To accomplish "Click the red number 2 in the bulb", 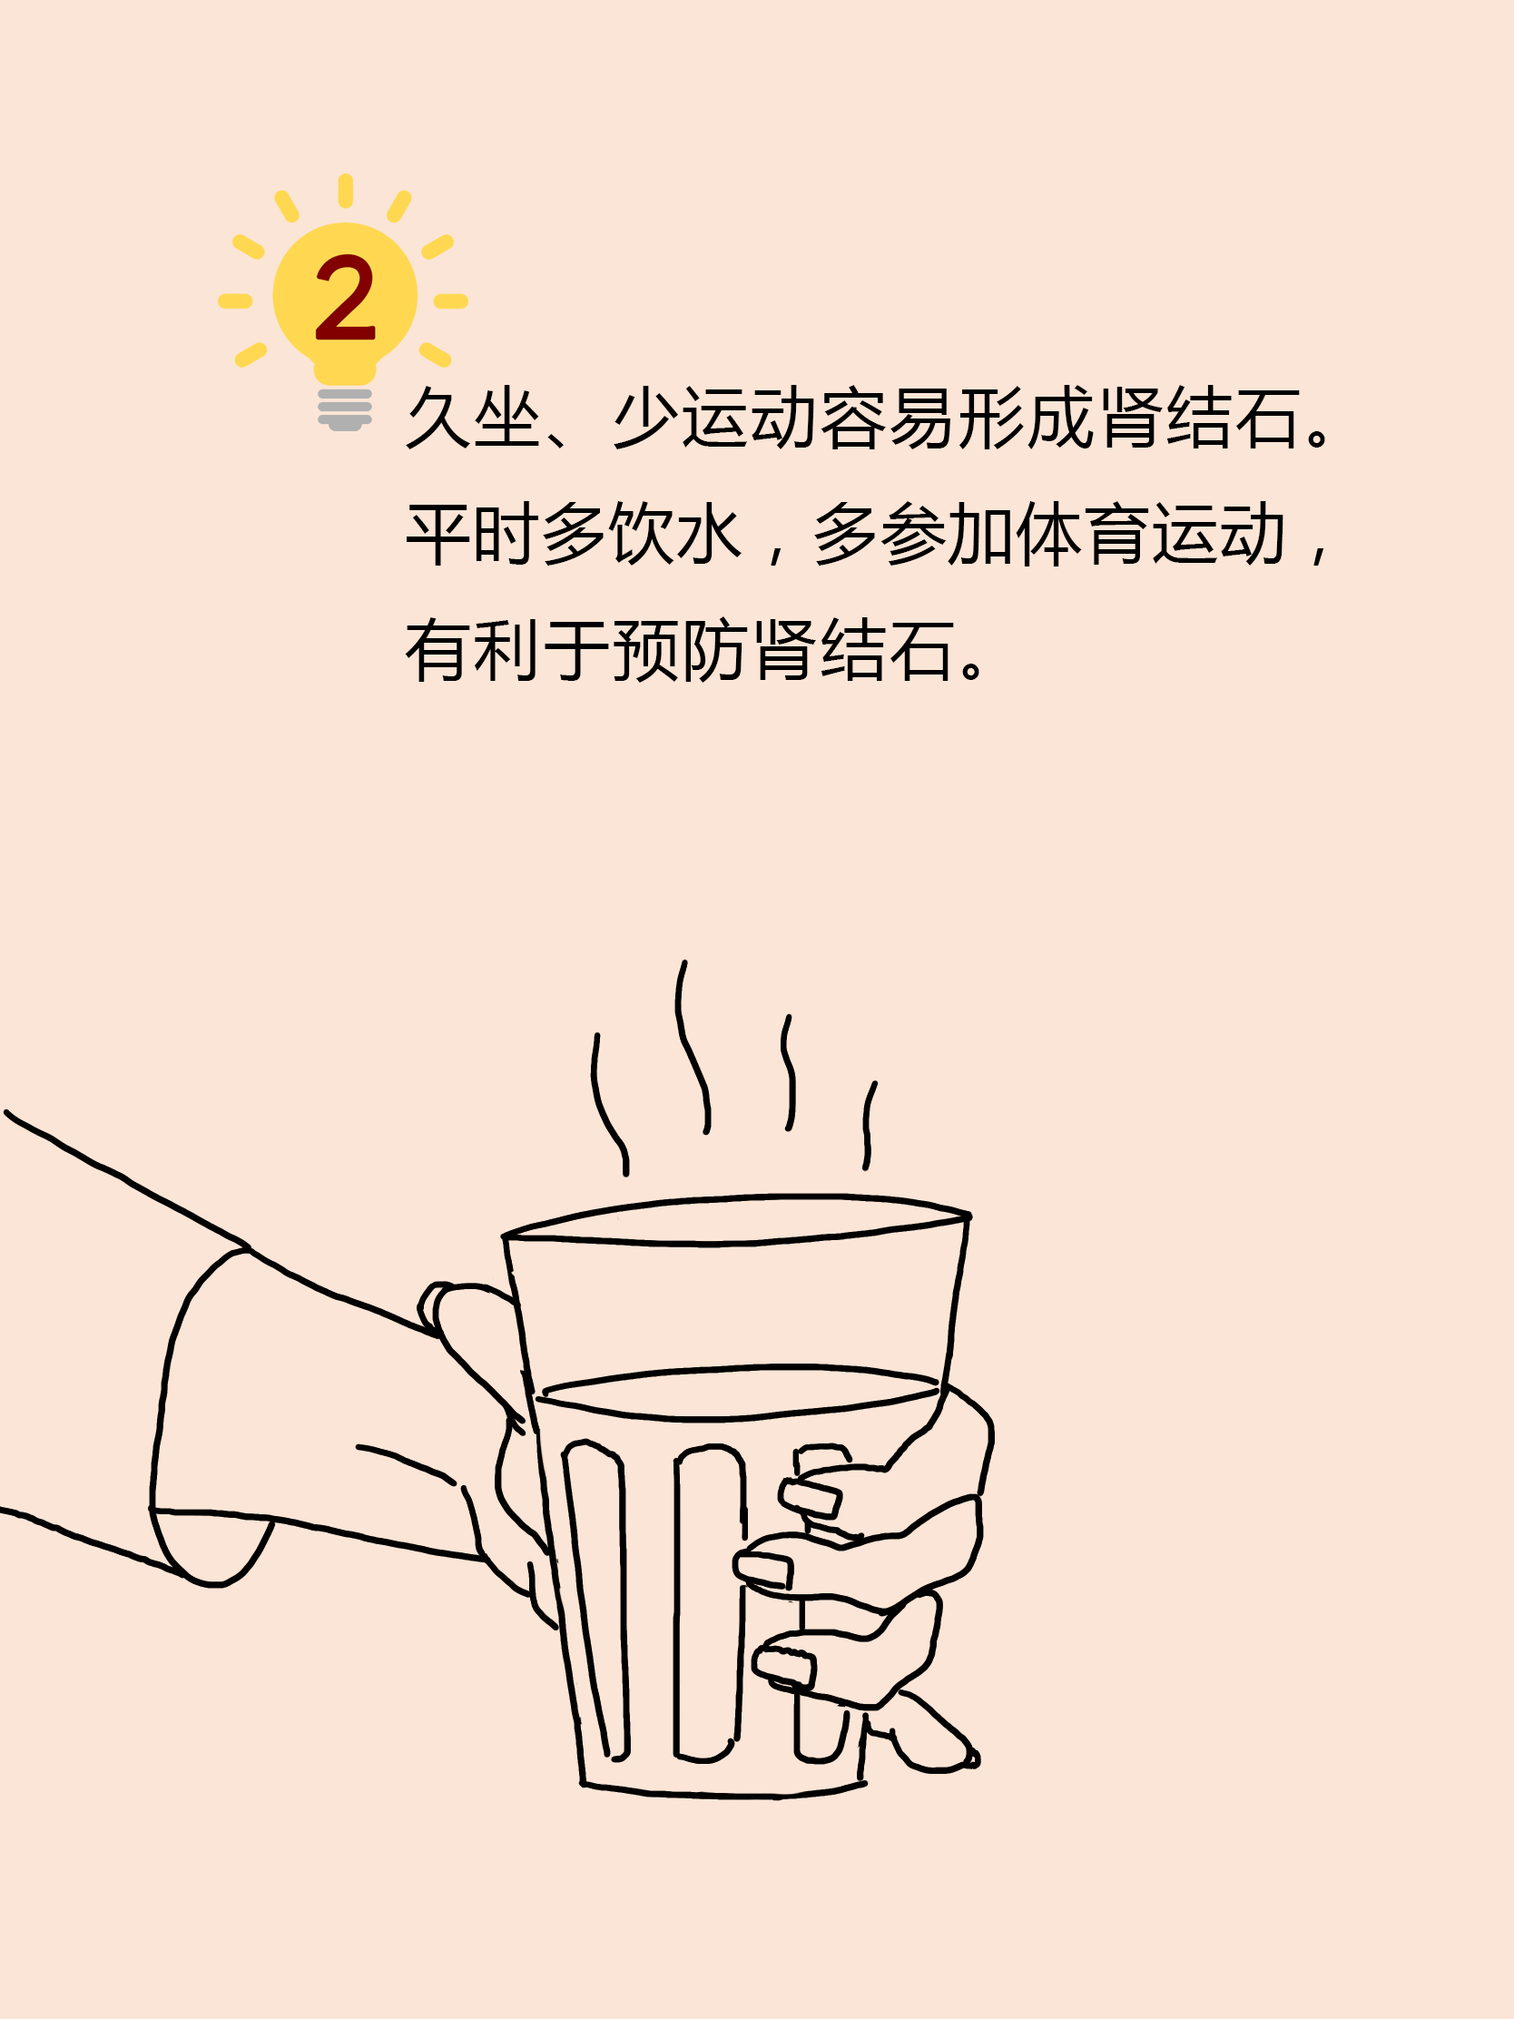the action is [345, 297].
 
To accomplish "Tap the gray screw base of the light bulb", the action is [345, 409].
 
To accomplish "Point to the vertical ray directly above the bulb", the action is [345, 190].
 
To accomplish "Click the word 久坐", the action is [474, 418].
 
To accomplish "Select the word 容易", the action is [887, 418].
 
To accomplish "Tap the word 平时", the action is [474, 534].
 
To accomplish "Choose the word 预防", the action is [680, 650].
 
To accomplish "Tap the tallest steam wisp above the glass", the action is [693, 1047].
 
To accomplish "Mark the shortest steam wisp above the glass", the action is [868, 1126].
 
